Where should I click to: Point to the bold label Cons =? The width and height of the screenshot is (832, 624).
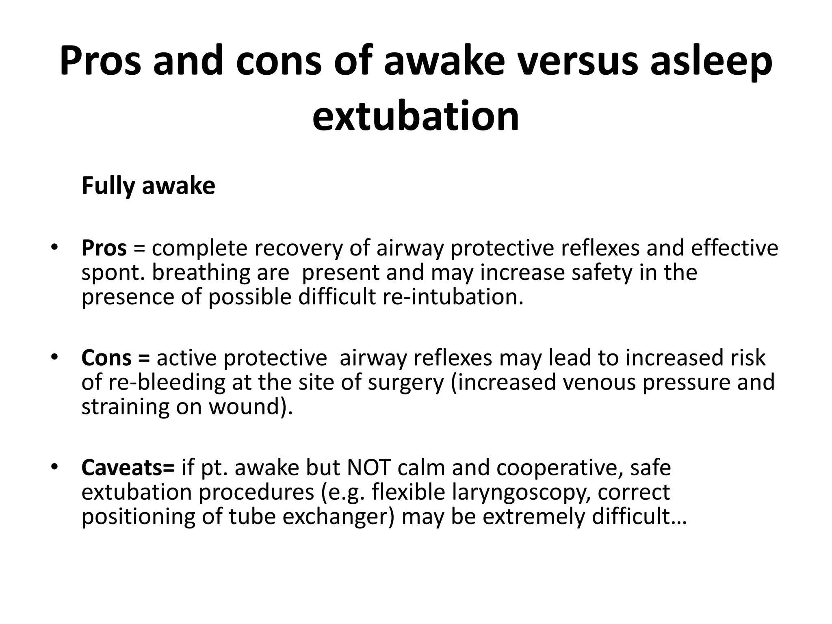tap(115, 358)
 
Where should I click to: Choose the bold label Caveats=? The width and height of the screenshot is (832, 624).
tap(128, 468)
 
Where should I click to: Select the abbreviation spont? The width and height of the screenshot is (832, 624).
tap(113, 273)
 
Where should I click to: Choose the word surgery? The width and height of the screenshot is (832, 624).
tap(406, 382)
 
